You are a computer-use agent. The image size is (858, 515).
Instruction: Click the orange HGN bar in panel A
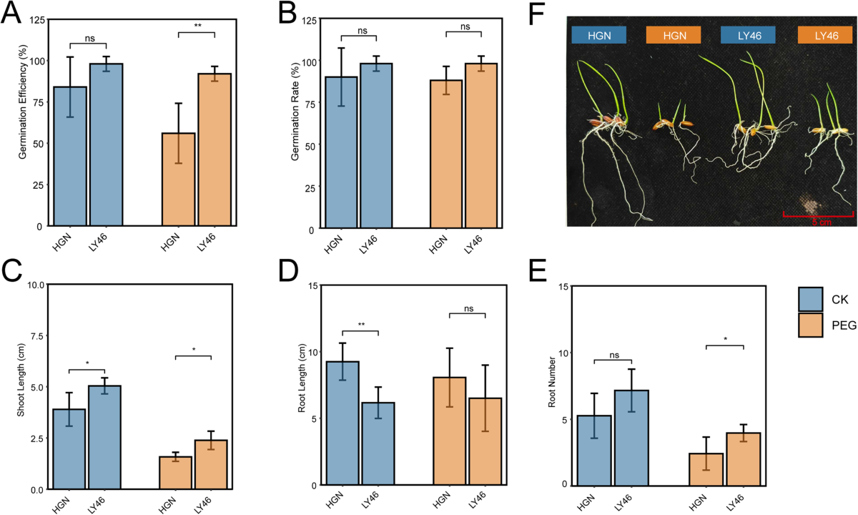pos(179,180)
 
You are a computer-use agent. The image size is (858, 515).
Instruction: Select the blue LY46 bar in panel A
pos(106,144)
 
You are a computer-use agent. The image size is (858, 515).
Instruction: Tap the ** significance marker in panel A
pos(197,26)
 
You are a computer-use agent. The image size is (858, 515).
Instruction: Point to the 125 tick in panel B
pos(309,20)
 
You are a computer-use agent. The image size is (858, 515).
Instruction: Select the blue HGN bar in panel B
pos(341,152)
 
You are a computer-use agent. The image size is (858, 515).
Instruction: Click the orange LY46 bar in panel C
pos(211,464)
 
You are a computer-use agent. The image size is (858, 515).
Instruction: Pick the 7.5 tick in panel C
pos(37,335)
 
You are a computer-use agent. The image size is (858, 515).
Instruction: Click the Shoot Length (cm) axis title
pos(20,380)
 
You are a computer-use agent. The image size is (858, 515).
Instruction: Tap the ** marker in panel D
pos(361,325)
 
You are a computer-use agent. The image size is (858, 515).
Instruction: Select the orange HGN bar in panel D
pos(450,431)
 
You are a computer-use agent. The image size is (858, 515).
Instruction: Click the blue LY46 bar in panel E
pos(631,438)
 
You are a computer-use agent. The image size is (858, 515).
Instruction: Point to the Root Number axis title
pos(551,382)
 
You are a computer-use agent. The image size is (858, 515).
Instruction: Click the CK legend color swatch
pos(811,299)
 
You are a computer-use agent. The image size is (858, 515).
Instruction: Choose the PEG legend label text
pos(844,325)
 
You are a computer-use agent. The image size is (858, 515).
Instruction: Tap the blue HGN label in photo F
pos(599,35)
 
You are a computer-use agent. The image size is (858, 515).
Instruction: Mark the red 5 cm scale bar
pos(818,216)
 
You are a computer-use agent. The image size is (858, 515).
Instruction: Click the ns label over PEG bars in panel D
pos(468,308)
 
